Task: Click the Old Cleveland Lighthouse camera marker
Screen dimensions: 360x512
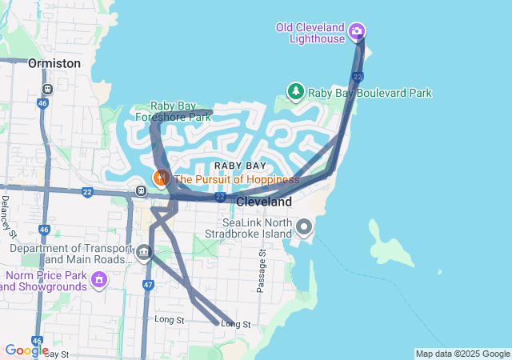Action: (357, 32)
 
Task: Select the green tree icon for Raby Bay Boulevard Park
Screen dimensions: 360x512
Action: (296, 93)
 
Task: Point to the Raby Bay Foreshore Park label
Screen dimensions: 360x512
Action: (181, 111)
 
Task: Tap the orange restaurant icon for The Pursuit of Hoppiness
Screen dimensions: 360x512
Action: (161, 178)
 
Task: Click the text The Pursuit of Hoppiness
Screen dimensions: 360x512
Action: (236, 179)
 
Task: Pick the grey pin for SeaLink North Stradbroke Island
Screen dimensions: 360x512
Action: (304, 227)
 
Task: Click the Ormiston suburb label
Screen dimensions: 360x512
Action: (54, 62)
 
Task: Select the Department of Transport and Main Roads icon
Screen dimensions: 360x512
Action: (143, 253)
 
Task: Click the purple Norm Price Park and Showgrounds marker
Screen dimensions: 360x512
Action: (99, 280)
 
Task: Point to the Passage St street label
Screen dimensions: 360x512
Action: (261, 271)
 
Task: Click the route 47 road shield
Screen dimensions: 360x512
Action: (148, 284)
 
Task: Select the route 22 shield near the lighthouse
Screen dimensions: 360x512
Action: (357, 76)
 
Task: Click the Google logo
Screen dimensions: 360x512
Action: (26, 350)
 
